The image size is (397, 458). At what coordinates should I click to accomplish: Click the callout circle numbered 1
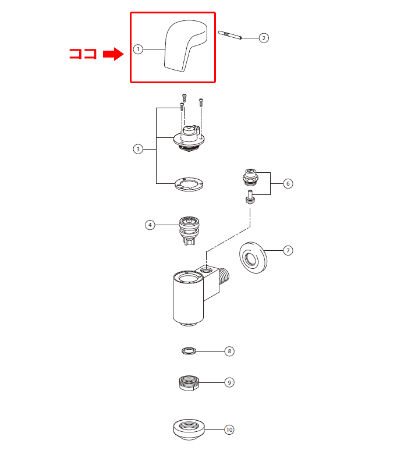tap(138, 49)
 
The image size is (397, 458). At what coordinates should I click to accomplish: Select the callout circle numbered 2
tap(264, 38)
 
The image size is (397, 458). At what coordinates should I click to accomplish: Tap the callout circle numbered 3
tap(138, 149)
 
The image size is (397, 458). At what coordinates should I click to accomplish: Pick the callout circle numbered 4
tap(150, 225)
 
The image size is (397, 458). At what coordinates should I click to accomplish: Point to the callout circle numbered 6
tap(288, 183)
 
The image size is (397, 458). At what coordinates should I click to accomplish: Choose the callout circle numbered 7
tap(288, 250)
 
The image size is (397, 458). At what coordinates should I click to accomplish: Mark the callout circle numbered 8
tap(229, 352)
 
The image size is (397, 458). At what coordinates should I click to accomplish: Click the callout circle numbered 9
tap(229, 382)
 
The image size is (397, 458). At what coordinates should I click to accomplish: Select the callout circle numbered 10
tap(229, 429)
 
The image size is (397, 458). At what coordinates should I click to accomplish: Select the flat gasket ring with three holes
tap(189, 186)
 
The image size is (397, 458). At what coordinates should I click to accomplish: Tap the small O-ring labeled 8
tap(189, 351)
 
